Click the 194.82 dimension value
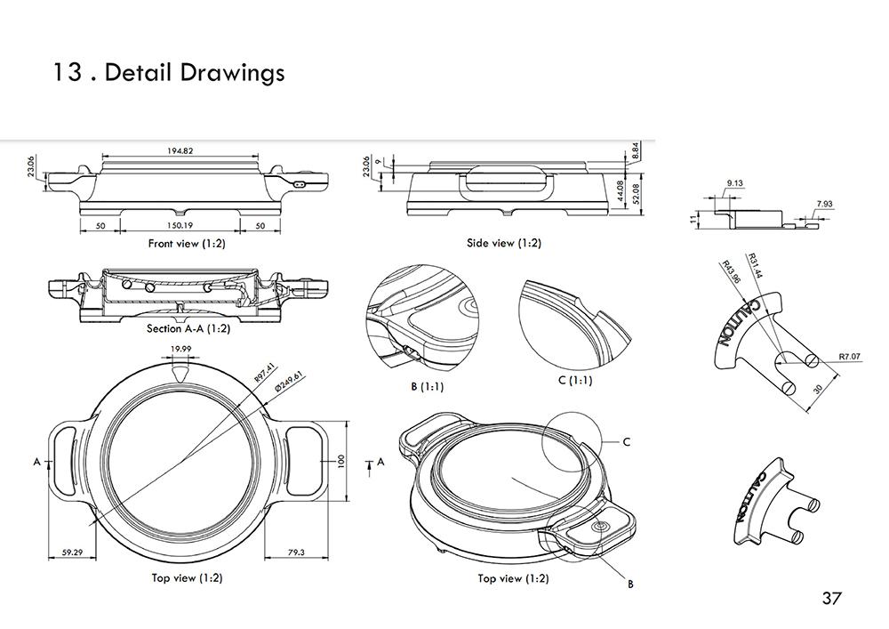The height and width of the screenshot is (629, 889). coord(180,151)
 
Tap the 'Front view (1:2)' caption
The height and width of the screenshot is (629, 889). coord(186,243)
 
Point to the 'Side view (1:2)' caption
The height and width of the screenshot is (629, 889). coord(503,243)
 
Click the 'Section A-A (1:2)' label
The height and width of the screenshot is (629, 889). coord(188,328)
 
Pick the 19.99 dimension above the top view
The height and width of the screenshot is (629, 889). coord(181,349)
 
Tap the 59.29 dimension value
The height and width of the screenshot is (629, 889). coord(72,552)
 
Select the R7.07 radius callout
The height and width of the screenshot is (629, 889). coord(850,357)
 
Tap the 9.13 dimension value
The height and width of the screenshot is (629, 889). coord(734,183)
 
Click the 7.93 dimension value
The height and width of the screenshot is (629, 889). coord(824,205)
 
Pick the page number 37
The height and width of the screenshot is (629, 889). coord(831,598)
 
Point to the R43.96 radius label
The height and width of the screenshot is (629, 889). coord(731,270)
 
